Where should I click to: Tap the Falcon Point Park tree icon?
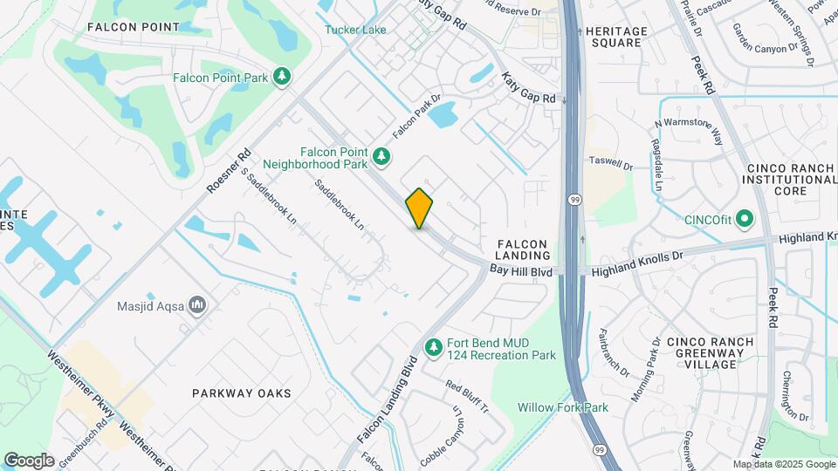(282, 78)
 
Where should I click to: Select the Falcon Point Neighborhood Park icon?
(381, 156)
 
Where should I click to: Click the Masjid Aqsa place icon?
(197, 305)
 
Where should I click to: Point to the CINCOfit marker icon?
(744, 218)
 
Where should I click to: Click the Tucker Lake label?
(355, 30)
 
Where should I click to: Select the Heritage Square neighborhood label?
(616, 37)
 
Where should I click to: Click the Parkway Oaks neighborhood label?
(230, 393)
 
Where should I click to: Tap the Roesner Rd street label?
(229, 170)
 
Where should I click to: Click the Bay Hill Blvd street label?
(521, 272)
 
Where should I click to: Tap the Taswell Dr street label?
(610, 163)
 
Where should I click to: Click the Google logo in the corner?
(29, 461)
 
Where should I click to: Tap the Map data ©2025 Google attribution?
(782, 464)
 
